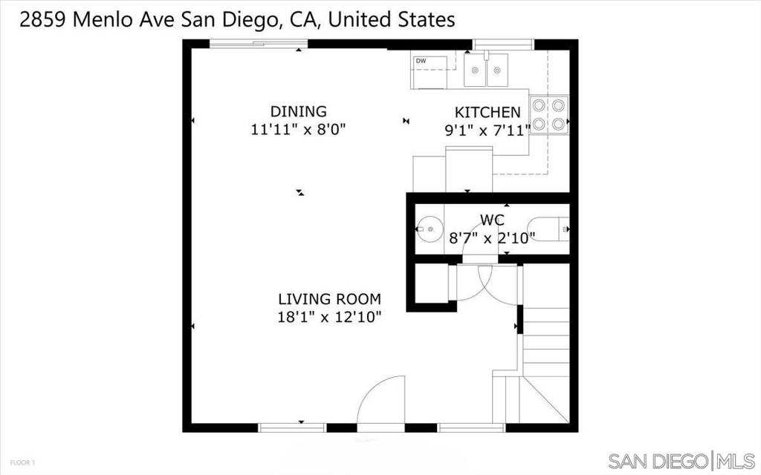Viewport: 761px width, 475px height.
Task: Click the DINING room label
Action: click(298, 111)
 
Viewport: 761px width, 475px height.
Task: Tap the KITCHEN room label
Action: click(488, 112)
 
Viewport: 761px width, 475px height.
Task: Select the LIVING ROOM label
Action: click(329, 299)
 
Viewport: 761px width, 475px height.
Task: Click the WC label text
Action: click(493, 220)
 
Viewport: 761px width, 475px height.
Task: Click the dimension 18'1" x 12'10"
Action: click(329, 318)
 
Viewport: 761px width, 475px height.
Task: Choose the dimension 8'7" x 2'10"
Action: click(493, 238)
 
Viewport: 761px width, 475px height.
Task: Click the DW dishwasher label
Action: click(421, 61)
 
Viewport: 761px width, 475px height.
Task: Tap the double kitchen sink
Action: click(486, 71)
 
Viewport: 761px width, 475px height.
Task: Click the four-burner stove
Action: click(549, 115)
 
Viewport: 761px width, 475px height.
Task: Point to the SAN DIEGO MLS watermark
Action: click(681, 460)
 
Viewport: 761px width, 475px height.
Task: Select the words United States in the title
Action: click(392, 20)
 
